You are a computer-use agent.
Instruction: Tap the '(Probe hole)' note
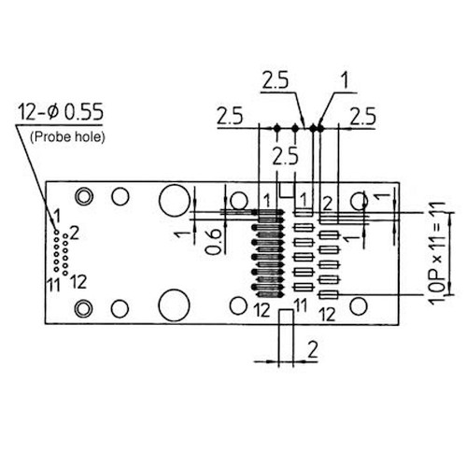tap(67, 137)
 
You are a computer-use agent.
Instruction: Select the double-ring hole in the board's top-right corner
tap(358, 201)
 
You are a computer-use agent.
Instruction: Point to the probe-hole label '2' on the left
tap(75, 231)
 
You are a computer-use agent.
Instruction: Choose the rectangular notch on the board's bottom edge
tap(287, 317)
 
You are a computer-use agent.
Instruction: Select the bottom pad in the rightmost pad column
tap(327, 295)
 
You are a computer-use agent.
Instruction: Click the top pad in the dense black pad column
tap(268, 212)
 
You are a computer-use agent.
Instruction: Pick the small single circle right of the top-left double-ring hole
tap(120, 197)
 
